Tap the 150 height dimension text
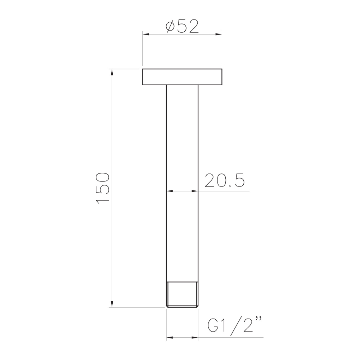click(x=102, y=188)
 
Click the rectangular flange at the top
click(x=182, y=77)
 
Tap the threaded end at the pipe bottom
click(x=182, y=294)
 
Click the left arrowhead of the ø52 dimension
click(x=146, y=35)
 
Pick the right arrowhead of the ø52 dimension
click(x=219, y=35)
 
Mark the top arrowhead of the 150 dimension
click(x=112, y=72)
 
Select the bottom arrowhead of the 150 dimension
click(x=112, y=304)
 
